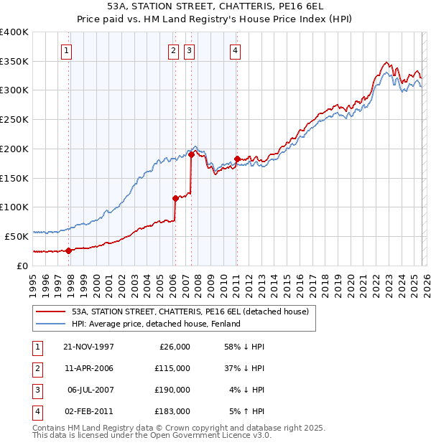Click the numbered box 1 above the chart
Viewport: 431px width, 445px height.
(66, 50)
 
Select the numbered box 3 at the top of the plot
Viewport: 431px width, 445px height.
(189, 50)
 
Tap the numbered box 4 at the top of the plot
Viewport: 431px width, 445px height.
(235, 50)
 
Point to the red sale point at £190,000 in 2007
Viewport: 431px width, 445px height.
(192, 154)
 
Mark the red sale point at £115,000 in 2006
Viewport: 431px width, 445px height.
(175, 198)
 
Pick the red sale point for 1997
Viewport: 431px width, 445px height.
(69, 250)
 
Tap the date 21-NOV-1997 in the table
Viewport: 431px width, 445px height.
(89, 347)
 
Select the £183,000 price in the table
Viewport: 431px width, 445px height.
(172, 411)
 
